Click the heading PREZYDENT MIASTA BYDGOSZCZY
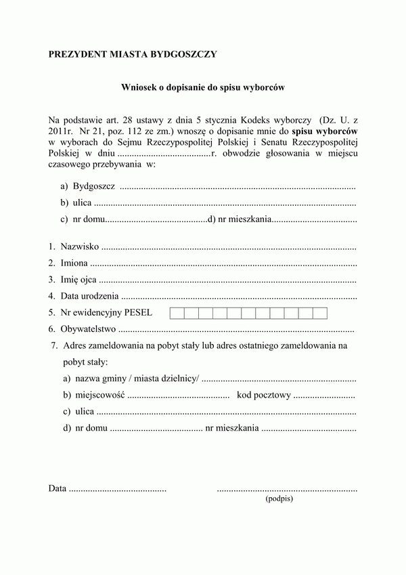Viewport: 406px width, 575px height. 133,54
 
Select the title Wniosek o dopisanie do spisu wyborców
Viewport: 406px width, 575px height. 203,87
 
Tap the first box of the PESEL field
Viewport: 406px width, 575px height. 176,313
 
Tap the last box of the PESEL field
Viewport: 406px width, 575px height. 320,313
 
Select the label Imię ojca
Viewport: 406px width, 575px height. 78,279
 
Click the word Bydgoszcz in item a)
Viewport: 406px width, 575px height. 93,186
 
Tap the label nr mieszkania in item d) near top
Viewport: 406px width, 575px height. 244,219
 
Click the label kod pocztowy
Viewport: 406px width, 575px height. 264,395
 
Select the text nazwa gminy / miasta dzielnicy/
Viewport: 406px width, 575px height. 137,379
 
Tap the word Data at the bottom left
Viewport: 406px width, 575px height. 58,488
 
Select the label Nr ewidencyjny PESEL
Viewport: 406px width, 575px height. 106,313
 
